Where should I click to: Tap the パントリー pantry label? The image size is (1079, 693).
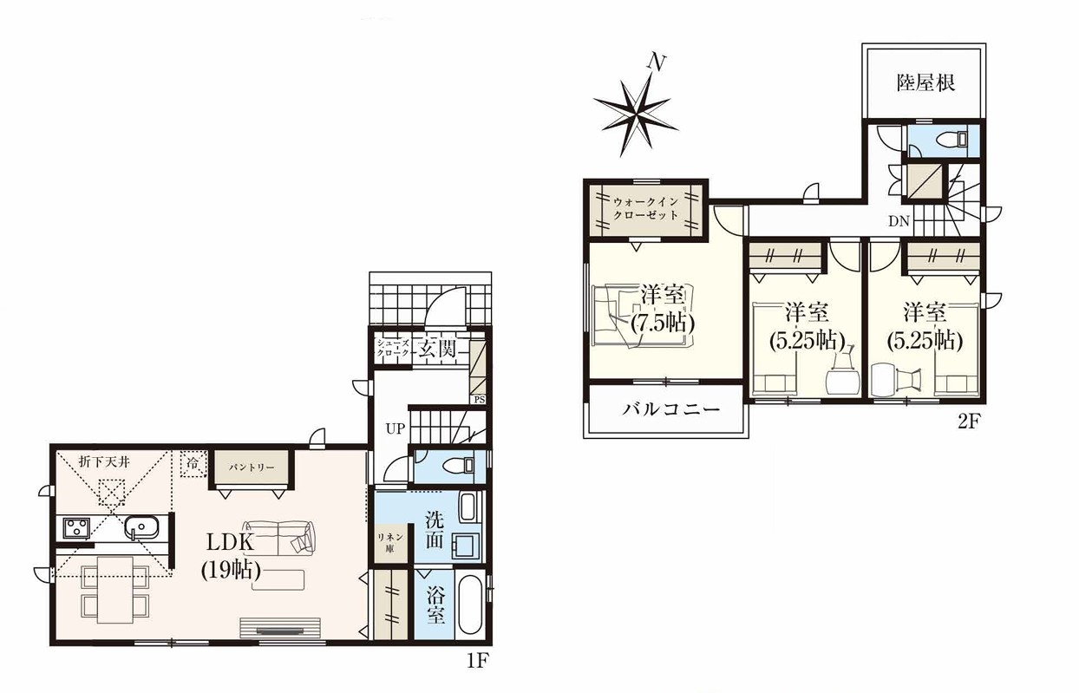(252, 467)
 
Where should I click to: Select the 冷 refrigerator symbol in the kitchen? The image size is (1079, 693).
(193, 464)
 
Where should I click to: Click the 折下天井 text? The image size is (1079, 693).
(105, 462)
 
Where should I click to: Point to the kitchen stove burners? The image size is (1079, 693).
(76, 527)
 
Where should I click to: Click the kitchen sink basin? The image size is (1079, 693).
(141, 528)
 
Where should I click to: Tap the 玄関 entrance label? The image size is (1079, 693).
(437, 348)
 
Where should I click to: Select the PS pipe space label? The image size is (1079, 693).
(480, 399)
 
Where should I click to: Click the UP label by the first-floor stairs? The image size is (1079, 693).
(396, 428)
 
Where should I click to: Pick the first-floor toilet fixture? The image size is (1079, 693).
(458, 466)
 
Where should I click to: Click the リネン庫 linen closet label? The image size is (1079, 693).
(390, 542)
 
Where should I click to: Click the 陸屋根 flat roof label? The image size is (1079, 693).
(925, 83)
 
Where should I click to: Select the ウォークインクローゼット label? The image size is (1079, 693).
(645, 208)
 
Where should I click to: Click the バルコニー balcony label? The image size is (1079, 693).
(670, 410)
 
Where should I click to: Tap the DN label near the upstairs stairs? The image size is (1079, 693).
(899, 221)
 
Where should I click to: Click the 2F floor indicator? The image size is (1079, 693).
(964, 422)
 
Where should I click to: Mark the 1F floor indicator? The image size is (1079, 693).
(477, 661)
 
